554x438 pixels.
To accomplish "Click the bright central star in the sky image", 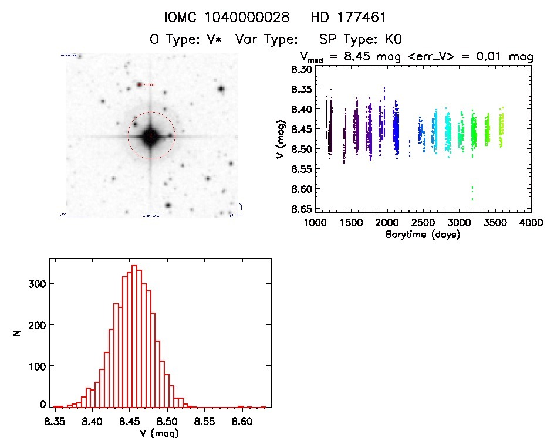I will pos(151,136).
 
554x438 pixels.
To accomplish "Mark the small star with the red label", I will pos(139,85).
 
